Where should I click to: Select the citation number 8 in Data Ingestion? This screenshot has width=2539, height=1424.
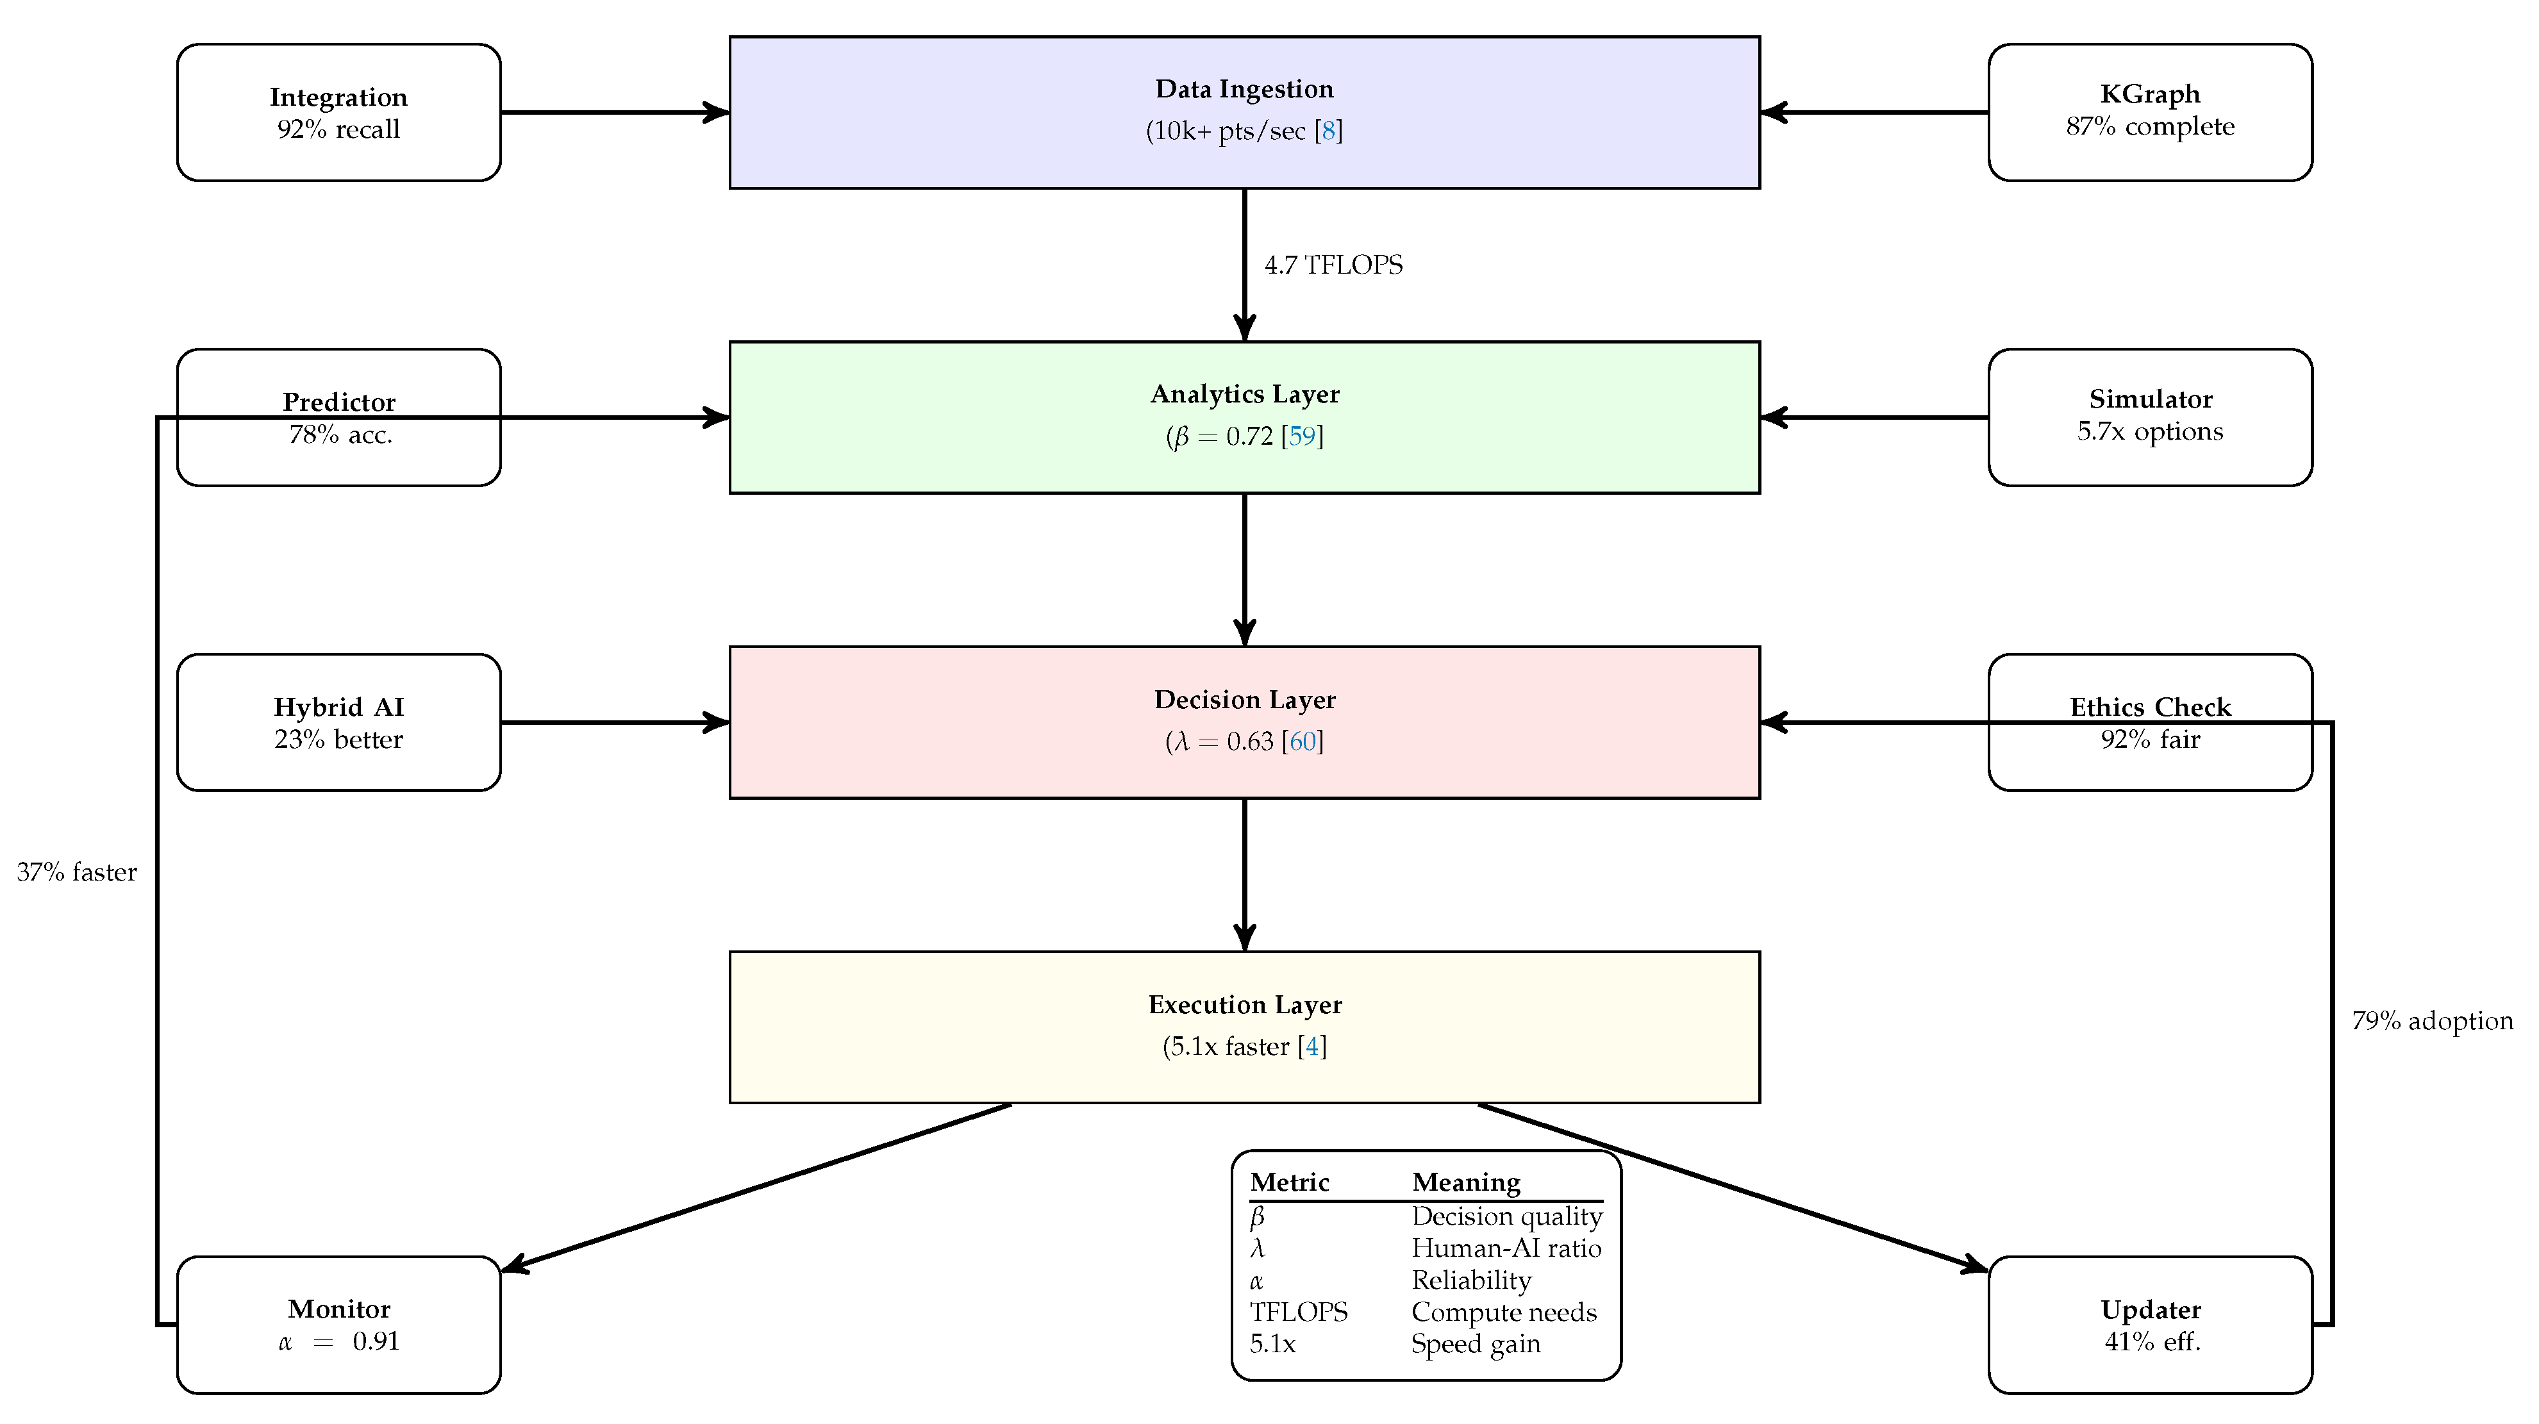coord(1329,131)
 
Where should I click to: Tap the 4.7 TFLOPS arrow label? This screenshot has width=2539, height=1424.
coord(1333,265)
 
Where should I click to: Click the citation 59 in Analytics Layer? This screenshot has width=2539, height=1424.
coord(1302,436)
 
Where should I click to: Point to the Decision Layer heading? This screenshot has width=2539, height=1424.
coord(1244,700)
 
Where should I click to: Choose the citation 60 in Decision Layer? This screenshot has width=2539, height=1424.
coord(1302,742)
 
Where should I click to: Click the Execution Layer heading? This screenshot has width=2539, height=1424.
coord(1244,1005)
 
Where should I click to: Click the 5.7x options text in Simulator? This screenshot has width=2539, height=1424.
coord(2150,432)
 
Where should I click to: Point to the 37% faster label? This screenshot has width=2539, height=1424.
coord(77,872)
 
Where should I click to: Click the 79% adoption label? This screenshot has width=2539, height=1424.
coord(2431,1021)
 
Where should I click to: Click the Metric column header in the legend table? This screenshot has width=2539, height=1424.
coord(1289,1182)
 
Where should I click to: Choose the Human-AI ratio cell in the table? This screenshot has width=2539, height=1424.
coord(1506,1248)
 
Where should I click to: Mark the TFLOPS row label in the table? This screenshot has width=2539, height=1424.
coord(1298,1312)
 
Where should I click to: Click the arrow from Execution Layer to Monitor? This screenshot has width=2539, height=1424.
coord(759,1186)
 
